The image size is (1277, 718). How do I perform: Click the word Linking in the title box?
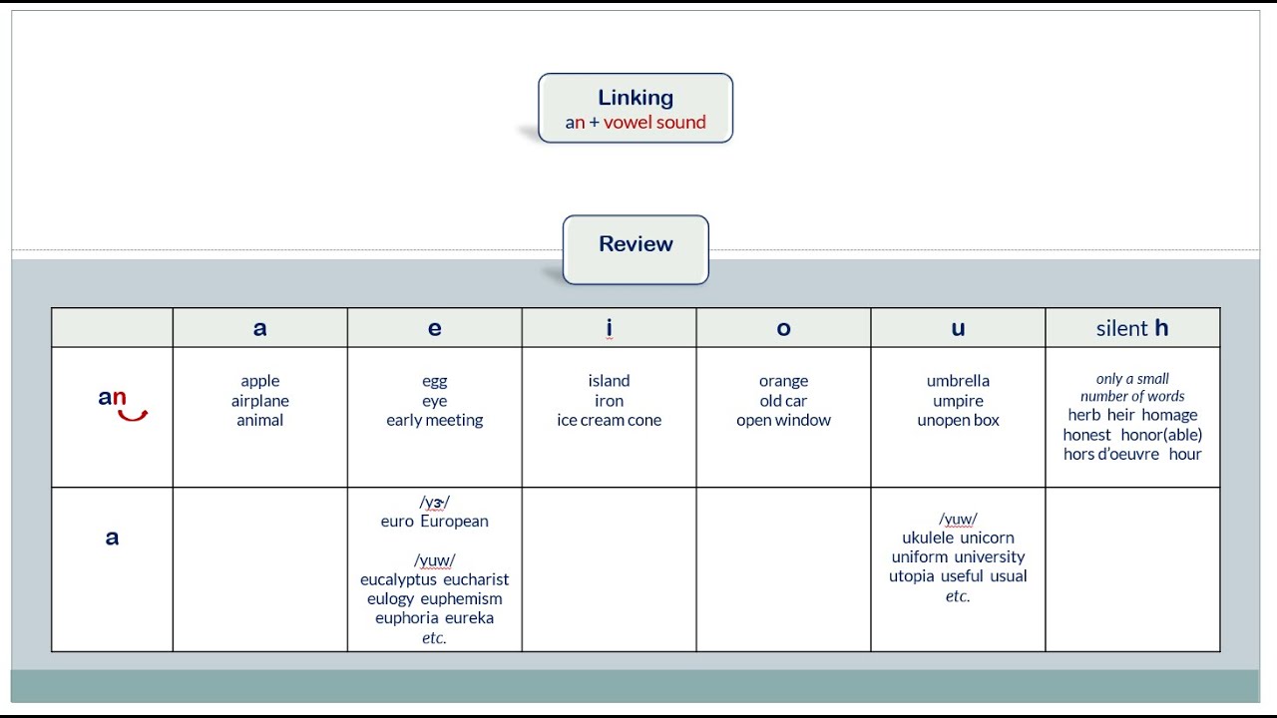(636, 98)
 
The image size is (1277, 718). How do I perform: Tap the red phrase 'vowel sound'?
(654, 122)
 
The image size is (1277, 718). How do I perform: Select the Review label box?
(636, 249)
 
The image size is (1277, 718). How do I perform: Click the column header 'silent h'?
(1132, 328)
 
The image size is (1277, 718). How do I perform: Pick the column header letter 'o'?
(783, 328)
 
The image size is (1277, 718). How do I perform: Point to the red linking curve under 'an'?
(133, 416)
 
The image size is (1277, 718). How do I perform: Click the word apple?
(260, 381)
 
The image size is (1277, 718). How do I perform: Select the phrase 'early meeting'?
(434, 421)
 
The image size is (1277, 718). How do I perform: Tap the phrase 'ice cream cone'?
(609, 420)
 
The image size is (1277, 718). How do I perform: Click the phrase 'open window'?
(783, 421)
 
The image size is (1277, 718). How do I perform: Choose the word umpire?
(958, 401)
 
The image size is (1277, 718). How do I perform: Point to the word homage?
(1169, 416)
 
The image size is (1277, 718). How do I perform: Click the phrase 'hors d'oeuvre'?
(1110, 454)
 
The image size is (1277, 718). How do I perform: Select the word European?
(454, 522)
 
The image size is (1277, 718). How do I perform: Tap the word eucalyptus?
(398, 580)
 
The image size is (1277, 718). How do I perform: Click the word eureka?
(469, 618)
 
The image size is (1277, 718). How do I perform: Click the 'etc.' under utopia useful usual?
(958, 596)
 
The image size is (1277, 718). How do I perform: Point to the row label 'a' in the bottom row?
(112, 538)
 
